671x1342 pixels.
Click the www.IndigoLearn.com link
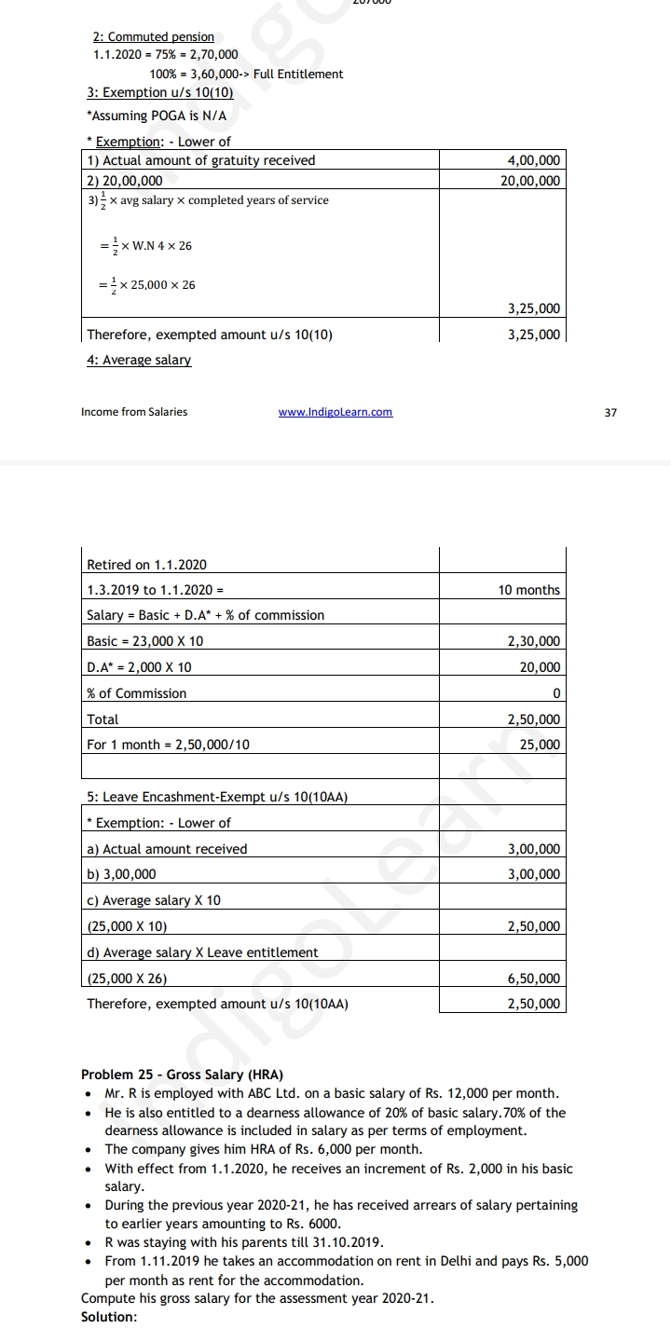(335, 412)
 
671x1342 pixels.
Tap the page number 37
(610, 412)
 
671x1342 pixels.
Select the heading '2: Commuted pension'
(153, 36)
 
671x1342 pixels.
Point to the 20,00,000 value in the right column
(530, 181)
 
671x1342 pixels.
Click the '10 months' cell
(529, 590)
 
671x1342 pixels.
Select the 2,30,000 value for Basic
(534, 641)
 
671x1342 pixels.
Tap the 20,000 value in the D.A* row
(541, 667)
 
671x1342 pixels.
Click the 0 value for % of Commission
(556, 693)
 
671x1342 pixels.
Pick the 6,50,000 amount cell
(534, 979)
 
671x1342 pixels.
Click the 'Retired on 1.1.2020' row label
(146, 565)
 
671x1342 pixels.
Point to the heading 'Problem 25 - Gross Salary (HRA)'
(183, 1075)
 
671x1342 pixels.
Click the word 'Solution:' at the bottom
(109, 1317)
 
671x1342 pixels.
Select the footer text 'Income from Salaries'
(134, 412)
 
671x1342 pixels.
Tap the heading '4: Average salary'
(139, 360)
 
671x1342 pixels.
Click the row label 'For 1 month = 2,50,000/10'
(168, 745)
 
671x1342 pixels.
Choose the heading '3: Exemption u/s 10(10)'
(159, 92)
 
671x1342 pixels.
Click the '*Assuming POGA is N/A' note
(156, 116)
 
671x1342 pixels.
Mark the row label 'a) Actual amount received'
(167, 849)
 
